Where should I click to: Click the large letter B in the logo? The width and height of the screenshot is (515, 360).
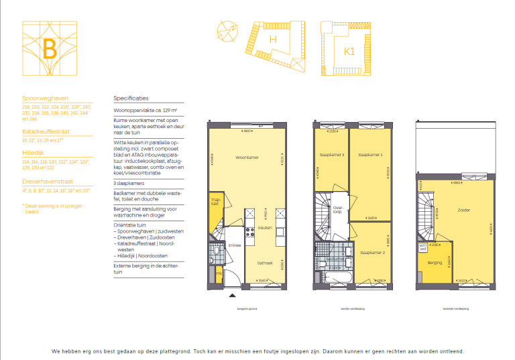pos(49,50)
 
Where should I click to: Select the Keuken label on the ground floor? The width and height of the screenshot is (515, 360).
pos(264,227)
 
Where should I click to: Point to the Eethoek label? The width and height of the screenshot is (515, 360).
pos(264,263)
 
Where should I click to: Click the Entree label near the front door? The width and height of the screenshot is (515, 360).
pos(234,245)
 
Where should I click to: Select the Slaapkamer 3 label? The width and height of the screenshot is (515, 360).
pos(333,155)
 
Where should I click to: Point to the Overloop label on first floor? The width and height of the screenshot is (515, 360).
pos(338,209)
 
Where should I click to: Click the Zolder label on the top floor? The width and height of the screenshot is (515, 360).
pos(464,210)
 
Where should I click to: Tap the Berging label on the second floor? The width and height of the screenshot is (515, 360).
pos(435,262)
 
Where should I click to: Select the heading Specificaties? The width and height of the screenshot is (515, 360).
pos(131,97)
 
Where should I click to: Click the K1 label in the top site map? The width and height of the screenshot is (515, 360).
pos(349,51)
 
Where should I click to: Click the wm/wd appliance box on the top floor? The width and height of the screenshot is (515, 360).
pos(423,247)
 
